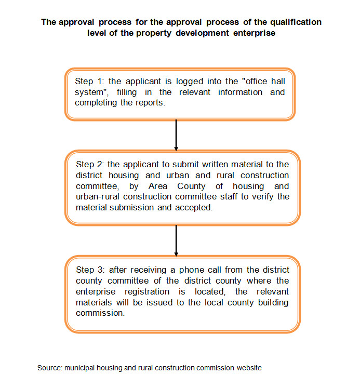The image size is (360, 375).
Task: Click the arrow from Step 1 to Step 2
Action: coord(177,135)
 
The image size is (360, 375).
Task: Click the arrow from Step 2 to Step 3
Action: coord(177,239)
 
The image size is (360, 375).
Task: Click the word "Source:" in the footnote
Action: coord(49,368)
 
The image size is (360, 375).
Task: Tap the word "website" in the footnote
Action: coord(249,368)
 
